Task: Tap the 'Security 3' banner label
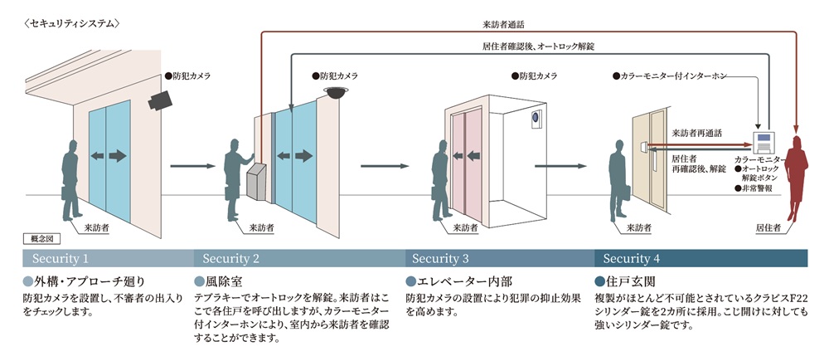(x=440, y=258)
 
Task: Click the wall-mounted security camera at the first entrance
(x=161, y=100)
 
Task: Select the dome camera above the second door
(x=335, y=93)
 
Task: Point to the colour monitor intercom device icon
(x=764, y=141)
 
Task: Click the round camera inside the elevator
(x=536, y=119)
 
